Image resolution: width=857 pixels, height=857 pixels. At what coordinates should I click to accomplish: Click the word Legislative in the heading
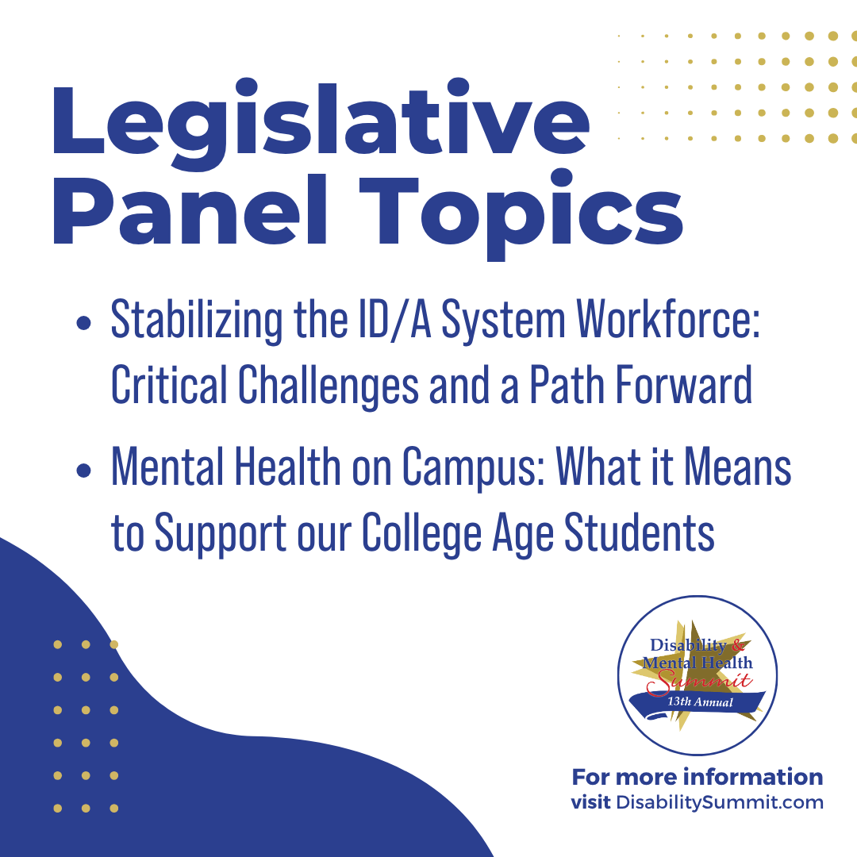[x=321, y=125]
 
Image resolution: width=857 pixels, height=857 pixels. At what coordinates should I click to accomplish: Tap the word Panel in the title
[x=190, y=210]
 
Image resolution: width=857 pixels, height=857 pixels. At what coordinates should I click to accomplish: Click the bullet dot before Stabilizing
[x=83, y=322]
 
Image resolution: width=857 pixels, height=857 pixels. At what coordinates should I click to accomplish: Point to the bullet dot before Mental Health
[x=83, y=470]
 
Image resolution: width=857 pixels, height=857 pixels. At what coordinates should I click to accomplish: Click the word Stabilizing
[x=197, y=321]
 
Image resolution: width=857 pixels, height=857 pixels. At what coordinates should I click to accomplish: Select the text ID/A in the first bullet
[x=395, y=320]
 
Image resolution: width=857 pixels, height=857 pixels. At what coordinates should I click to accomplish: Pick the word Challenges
[x=329, y=386]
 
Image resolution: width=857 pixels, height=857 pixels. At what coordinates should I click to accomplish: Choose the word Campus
[x=473, y=468]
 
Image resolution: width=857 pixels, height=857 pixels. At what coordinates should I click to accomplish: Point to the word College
[x=421, y=534]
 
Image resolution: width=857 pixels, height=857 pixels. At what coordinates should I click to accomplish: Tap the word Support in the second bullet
[x=221, y=534]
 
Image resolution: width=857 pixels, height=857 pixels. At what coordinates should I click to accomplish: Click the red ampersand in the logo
[x=738, y=645]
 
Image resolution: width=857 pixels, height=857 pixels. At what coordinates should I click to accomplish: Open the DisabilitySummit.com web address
[x=719, y=803]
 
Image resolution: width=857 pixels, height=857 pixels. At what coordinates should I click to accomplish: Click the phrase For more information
[x=698, y=777]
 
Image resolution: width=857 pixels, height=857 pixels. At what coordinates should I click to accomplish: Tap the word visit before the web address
[x=591, y=802]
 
